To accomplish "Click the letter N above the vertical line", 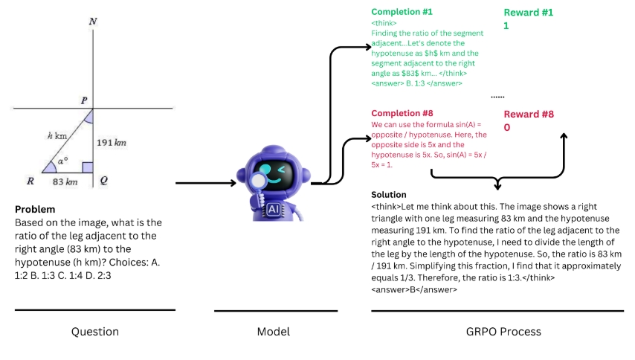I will tap(92, 22).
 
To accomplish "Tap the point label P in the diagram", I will tap(84, 100).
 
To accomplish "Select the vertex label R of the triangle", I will tap(30, 181).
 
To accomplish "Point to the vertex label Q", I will tap(104, 181).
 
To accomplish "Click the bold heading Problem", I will tap(35, 209).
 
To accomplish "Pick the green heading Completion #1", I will tap(402, 12).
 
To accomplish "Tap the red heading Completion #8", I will tap(402, 113).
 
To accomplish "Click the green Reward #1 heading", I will tap(529, 13).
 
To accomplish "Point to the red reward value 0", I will tap(506, 127).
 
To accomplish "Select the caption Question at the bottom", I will tap(94, 332).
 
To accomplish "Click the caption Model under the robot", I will tap(273, 332).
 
